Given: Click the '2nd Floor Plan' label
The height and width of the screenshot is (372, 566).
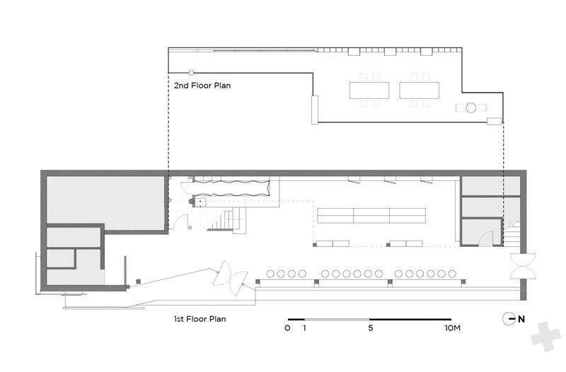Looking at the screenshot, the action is [x=202, y=86].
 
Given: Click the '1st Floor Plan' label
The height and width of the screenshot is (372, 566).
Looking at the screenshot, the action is [x=200, y=319].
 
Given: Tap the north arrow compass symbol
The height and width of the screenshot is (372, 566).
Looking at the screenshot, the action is [x=509, y=318].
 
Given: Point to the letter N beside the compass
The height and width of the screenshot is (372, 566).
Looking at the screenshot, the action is [x=521, y=319].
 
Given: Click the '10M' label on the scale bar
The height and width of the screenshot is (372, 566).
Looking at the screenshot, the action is [x=452, y=328].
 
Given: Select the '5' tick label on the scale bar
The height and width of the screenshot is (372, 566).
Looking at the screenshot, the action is [x=370, y=328].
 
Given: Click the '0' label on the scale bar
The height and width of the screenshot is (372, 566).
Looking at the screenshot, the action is [x=287, y=328].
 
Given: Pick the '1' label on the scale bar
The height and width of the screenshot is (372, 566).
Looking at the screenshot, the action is [x=305, y=328].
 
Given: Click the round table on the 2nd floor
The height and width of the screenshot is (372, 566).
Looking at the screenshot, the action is [x=470, y=107].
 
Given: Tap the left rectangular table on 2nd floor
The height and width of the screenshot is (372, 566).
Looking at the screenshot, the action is [x=369, y=91].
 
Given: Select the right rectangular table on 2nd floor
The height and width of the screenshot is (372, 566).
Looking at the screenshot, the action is [x=419, y=91].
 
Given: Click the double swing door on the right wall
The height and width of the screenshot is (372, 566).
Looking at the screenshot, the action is [x=522, y=267].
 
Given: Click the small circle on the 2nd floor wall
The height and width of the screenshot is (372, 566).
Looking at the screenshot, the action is [x=191, y=73].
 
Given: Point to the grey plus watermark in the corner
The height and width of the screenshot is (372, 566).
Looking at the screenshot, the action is [x=545, y=337].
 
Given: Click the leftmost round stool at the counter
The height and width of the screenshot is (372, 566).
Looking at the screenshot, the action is [x=270, y=274].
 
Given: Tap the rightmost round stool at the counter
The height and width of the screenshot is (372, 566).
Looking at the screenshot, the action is [x=452, y=274].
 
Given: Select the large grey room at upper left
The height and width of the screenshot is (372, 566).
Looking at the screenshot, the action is [x=105, y=202].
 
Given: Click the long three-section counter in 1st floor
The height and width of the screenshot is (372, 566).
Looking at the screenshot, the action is [x=371, y=216].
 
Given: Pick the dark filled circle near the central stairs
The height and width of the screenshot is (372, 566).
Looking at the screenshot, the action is [x=191, y=202].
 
